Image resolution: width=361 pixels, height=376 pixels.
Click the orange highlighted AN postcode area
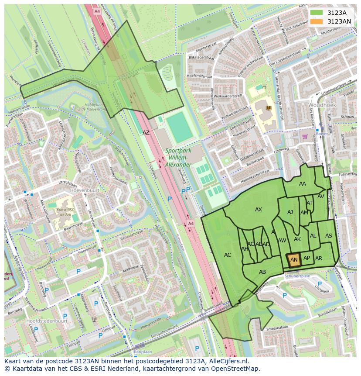click(x=294, y=260)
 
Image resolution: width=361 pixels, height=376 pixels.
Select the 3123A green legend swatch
click(x=317, y=13)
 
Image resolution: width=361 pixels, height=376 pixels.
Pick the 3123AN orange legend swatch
click(x=317, y=21)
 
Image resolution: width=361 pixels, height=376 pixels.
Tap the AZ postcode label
click(x=146, y=132)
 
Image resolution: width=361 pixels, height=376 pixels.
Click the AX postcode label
click(x=259, y=210)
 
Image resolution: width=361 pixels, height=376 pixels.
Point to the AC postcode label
click(x=228, y=255)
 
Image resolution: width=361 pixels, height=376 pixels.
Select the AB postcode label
click(x=262, y=272)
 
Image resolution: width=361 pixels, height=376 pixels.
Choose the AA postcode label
click(x=303, y=184)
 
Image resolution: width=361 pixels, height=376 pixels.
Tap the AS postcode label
click(x=329, y=236)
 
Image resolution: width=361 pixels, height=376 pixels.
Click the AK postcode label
click(x=297, y=239)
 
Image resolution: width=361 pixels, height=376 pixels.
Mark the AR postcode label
click(x=319, y=259)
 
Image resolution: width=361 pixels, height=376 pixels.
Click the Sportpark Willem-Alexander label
click(x=178, y=158)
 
